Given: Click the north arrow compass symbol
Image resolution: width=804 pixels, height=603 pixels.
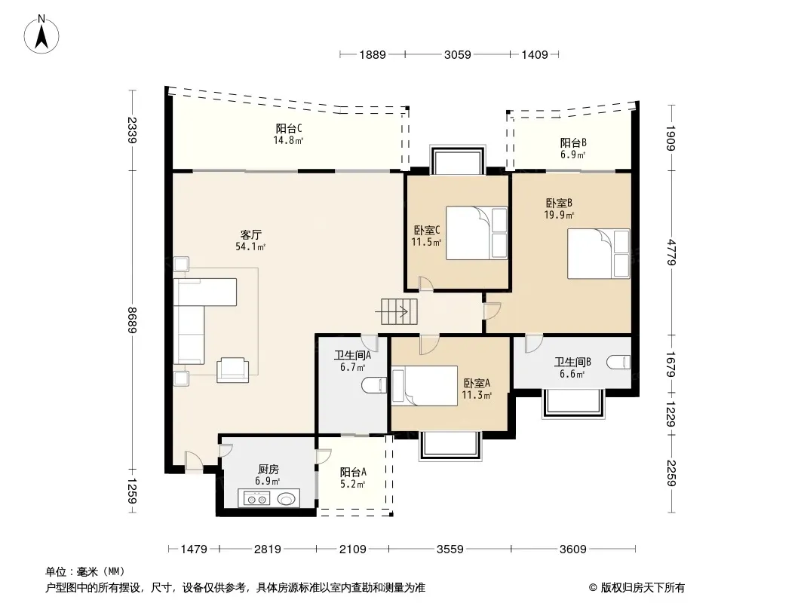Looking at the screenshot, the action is pos(41,35).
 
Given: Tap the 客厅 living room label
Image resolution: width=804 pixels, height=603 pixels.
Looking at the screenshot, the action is pos(250,234).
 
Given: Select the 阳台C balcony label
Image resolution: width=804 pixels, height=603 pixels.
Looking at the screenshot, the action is pos(289,128).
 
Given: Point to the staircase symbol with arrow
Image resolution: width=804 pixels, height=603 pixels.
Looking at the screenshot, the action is pos(399,311).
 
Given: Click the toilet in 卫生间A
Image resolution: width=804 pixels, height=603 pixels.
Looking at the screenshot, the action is pos(374,385).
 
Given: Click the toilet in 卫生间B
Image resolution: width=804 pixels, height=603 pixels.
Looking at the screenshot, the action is pos(618,363).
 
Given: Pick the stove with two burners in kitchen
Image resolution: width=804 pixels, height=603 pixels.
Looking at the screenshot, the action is pos(257,498).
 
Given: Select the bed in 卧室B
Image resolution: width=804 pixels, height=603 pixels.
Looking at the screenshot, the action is pos(598,253).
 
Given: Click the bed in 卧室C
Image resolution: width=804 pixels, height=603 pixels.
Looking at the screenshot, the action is pos(477,233).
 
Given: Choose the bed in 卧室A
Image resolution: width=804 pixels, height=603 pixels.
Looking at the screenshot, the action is pos(425,386).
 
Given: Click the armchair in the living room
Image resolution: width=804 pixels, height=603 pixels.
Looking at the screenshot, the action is pos(233,369).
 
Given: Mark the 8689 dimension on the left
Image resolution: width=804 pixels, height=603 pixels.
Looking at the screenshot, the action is pos(132,320).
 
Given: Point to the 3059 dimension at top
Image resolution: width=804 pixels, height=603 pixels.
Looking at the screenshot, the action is pos(457,54).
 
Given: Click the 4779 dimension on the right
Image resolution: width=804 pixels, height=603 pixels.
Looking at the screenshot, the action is pos(671,252).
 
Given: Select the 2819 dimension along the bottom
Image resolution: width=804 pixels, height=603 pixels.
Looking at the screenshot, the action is pos(268,549).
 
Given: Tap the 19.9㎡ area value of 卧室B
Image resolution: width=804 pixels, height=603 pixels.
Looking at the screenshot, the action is pos(559,215).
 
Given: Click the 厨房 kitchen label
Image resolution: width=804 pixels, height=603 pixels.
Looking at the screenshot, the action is pos(269,469).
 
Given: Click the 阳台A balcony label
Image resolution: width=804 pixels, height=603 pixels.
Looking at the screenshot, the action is pos(353,472).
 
